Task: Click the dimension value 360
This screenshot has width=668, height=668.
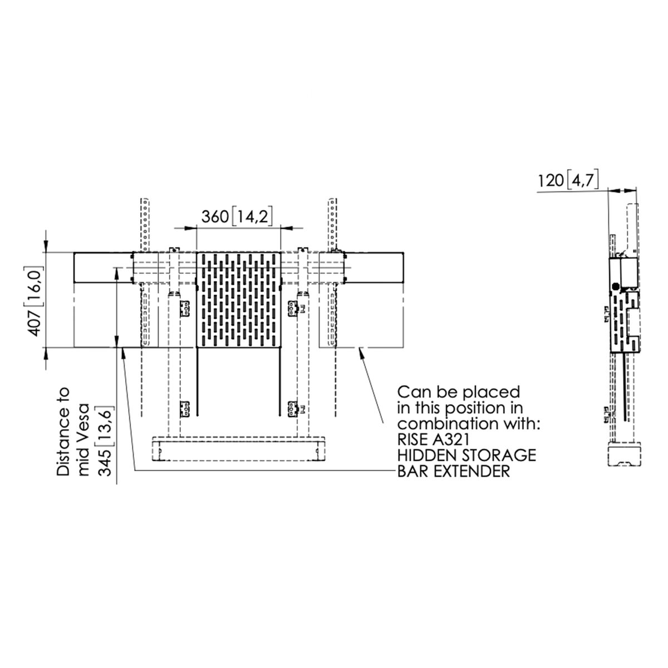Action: coord(215,217)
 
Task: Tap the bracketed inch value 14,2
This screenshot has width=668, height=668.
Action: coord(251,217)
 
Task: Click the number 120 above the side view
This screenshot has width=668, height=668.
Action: coord(551,180)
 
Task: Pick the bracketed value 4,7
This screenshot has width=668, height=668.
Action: coord(583,180)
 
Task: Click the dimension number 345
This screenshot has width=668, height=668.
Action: coord(105,462)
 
